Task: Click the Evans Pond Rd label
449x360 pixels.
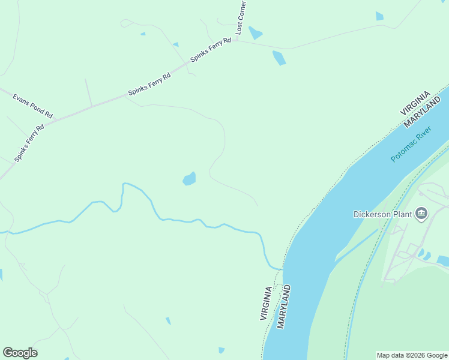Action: click(x=32, y=106)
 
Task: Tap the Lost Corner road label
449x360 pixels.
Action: click(x=241, y=17)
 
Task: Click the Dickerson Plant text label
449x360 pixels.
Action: click(x=382, y=214)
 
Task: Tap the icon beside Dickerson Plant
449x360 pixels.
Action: click(x=421, y=214)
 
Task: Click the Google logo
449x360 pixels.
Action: click(x=20, y=353)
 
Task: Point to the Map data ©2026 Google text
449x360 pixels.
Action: click(x=412, y=355)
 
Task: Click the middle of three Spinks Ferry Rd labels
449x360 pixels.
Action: click(x=149, y=85)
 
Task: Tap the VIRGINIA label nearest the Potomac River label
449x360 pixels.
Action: click(x=415, y=103)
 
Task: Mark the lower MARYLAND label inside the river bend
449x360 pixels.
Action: click(x=284, y=307)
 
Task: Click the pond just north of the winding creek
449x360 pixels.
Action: click(x=189, y=179)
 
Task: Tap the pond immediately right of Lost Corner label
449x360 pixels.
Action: click(x=255, y=32)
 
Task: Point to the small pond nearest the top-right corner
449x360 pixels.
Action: click(x=379, y=16)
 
